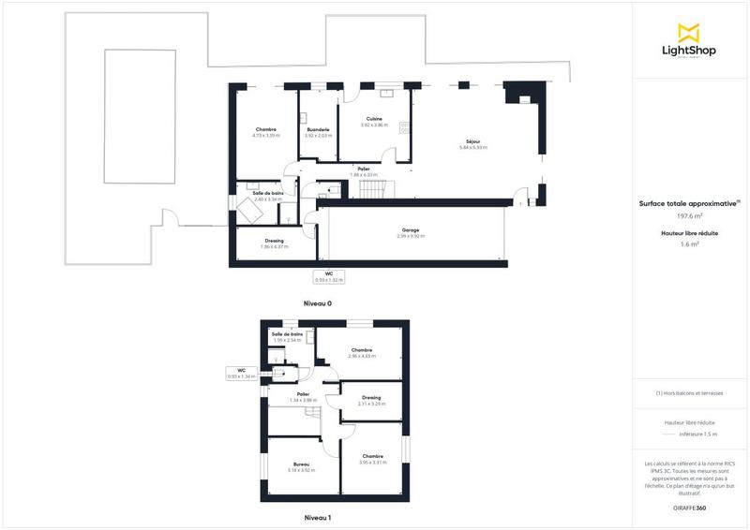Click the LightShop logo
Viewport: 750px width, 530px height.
click(690, 41)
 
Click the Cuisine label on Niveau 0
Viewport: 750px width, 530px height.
click(374, 121)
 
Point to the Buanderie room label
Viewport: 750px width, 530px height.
click(318, 131)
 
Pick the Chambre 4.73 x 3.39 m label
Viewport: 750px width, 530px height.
click(265, 131)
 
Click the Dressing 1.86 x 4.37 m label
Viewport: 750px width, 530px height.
click(275, 243)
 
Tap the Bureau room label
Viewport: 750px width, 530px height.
click(301, 466)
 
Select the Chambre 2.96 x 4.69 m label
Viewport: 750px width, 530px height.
click(361, 353)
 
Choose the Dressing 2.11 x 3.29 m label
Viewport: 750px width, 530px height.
click(370, 400)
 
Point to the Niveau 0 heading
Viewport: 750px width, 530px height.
click(318, 303)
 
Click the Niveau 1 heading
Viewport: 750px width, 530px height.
click(318, 517)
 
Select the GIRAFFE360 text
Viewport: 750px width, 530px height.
click(689, 506)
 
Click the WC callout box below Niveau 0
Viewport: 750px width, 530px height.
click(329, 276)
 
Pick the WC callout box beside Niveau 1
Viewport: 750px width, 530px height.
click(241, 373)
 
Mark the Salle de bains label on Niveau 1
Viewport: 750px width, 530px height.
click(287, 336)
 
